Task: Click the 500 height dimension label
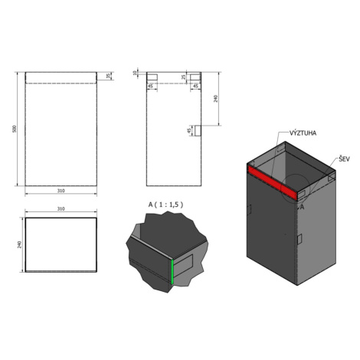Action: click(15, 129)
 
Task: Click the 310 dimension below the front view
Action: click(61, 191)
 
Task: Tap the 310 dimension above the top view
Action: click(61, 208)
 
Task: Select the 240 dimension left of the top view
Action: click(20, 244)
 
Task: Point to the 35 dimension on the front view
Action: click(108, 76)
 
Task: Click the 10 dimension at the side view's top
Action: click(135, 73)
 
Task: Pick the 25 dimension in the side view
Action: click(183, 77)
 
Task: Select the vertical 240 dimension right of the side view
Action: click(216, 99)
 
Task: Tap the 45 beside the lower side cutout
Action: click(189, 130)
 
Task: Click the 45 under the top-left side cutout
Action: click(151, 87)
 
